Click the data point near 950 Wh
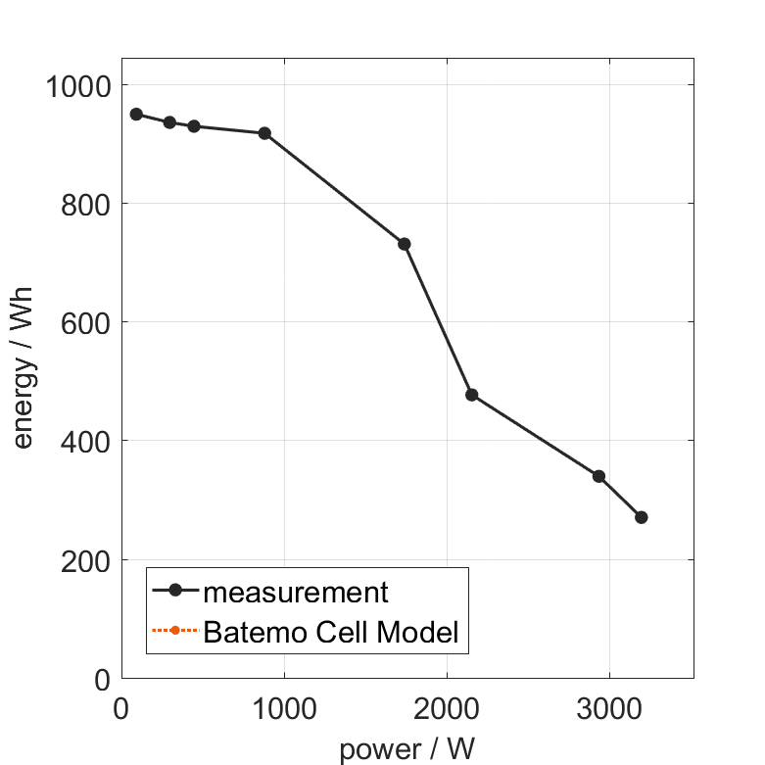(x=136, y=114)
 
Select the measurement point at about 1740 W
(x=404, y=244)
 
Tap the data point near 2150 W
(x=471, y=395)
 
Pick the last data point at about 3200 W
(x=641, y=517)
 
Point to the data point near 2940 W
(x=598, y=476)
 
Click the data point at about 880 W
(x=264, y=133)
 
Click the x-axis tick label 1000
(x=284, y=707)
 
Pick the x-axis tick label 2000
(x=447, y=707)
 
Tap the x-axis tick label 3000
(x=609, y=707)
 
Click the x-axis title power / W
(x=407, y=749)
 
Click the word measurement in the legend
(x=296, y=592)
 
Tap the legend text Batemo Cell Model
(x=331, y=632)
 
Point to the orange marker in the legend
(x=174, y=630)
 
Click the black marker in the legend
(x=174, y=590)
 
